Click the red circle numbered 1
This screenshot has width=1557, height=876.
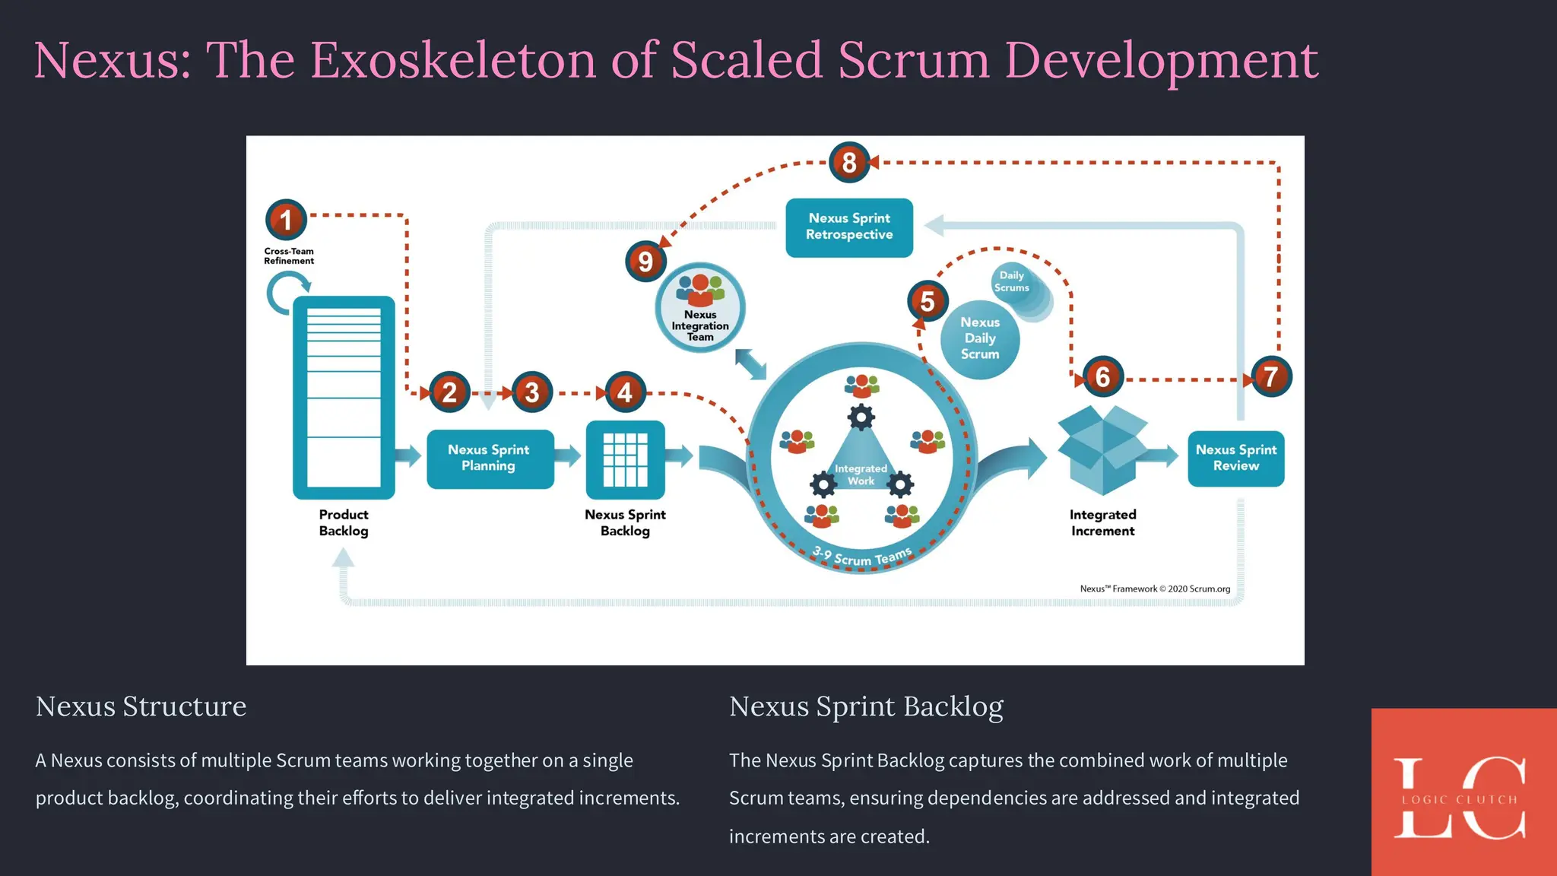pos(286,220)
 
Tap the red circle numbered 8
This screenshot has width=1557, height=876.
pos(849,162)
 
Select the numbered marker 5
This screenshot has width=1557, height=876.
pos(928,301)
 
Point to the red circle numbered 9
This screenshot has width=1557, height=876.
pos(645,262)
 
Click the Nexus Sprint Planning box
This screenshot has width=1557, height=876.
pos(490,459)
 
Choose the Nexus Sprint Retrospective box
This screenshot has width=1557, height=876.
pos(849,227)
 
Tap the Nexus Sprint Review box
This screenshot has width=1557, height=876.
pos(1235,459)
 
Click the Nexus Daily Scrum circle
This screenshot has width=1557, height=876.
pos(980,339)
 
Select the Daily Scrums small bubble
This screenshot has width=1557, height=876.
pos(1012,282)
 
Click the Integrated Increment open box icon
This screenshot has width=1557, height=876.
pos(1102,449)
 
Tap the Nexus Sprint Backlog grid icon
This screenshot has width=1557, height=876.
pos(625,459)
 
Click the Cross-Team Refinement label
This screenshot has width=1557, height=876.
pos(289,256)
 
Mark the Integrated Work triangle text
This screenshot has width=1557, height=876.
pos(861,474)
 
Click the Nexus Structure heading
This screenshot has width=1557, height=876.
pos(141,706)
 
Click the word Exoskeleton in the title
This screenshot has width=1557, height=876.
pos(453,60)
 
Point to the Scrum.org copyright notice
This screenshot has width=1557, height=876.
pos(1155,589)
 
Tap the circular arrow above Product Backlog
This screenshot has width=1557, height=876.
pos(287,293)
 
